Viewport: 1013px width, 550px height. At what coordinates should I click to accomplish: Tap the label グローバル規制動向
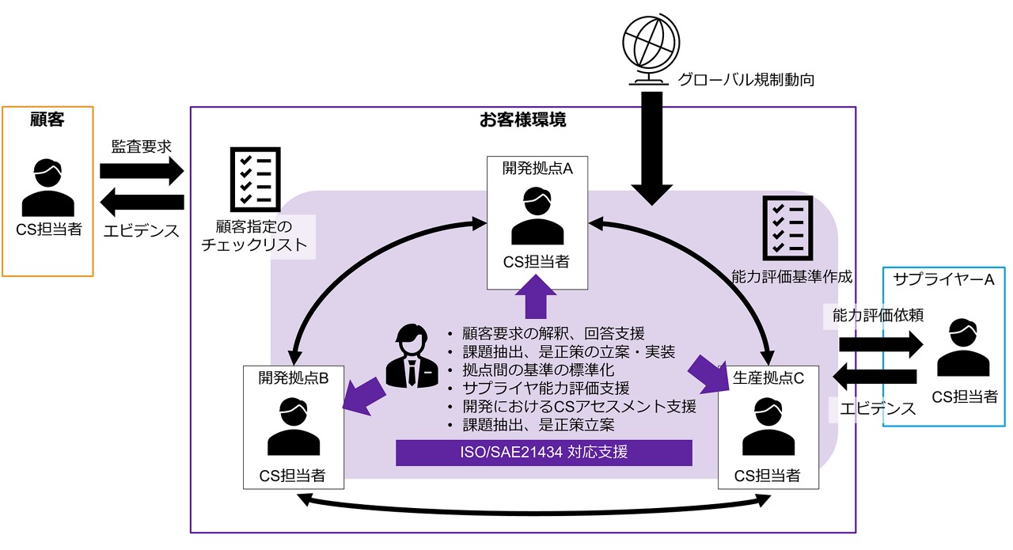point(746,79)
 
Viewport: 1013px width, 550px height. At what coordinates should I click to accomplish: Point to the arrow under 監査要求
point(142,170)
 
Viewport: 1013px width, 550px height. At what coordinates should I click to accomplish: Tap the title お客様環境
point(522,120)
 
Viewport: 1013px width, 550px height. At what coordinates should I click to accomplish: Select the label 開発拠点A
point(537,168)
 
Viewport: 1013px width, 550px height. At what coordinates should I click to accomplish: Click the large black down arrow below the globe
point(651,146)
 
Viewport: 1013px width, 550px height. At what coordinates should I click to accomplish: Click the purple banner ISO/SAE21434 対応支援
point(544,453)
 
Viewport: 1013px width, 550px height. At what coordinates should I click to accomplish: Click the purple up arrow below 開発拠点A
point(537,297)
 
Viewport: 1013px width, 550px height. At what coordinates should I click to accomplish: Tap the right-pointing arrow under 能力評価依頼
point(880,345)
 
